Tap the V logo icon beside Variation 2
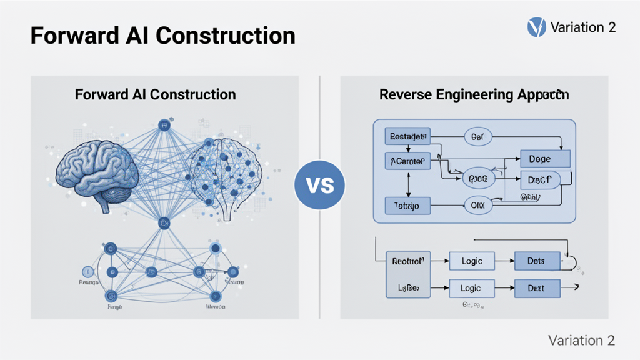(x=537, y=27)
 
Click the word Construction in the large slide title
(x=226, y=36)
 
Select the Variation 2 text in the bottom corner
(x=581, y=340)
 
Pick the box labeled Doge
(x=545, y=159)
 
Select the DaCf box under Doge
(x=541, y=179)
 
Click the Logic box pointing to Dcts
(x=472, y=261)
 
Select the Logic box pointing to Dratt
(x=472, y=288)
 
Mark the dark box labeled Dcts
(x=536, y=261)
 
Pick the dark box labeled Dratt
(x=536, y=288)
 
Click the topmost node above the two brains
(x=164, y=126)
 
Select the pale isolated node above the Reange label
(x=88, y=271)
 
